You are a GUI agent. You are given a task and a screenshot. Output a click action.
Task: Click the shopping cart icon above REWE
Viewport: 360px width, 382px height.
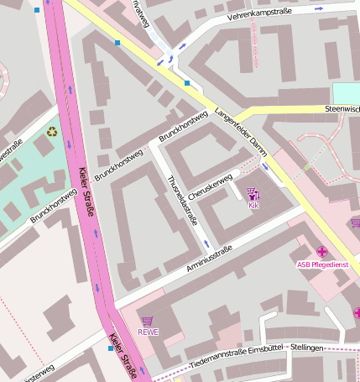148,321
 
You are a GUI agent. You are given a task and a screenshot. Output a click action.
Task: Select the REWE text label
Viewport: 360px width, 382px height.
148,332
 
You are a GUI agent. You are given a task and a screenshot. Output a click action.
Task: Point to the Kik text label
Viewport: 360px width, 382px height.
253,205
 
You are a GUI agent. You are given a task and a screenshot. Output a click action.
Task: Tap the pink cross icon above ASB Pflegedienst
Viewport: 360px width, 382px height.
322,251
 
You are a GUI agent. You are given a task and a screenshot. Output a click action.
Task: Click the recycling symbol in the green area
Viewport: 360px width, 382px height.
53,131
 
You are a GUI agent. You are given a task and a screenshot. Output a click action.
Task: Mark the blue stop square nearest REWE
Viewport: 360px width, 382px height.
111,348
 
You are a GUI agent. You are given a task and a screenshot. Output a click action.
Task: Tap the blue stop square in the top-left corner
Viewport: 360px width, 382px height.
36,11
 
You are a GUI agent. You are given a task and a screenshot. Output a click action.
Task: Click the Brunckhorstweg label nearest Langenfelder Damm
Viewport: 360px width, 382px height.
182,126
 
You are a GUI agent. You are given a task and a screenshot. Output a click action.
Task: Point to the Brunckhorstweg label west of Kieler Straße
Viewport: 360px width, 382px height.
53,206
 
